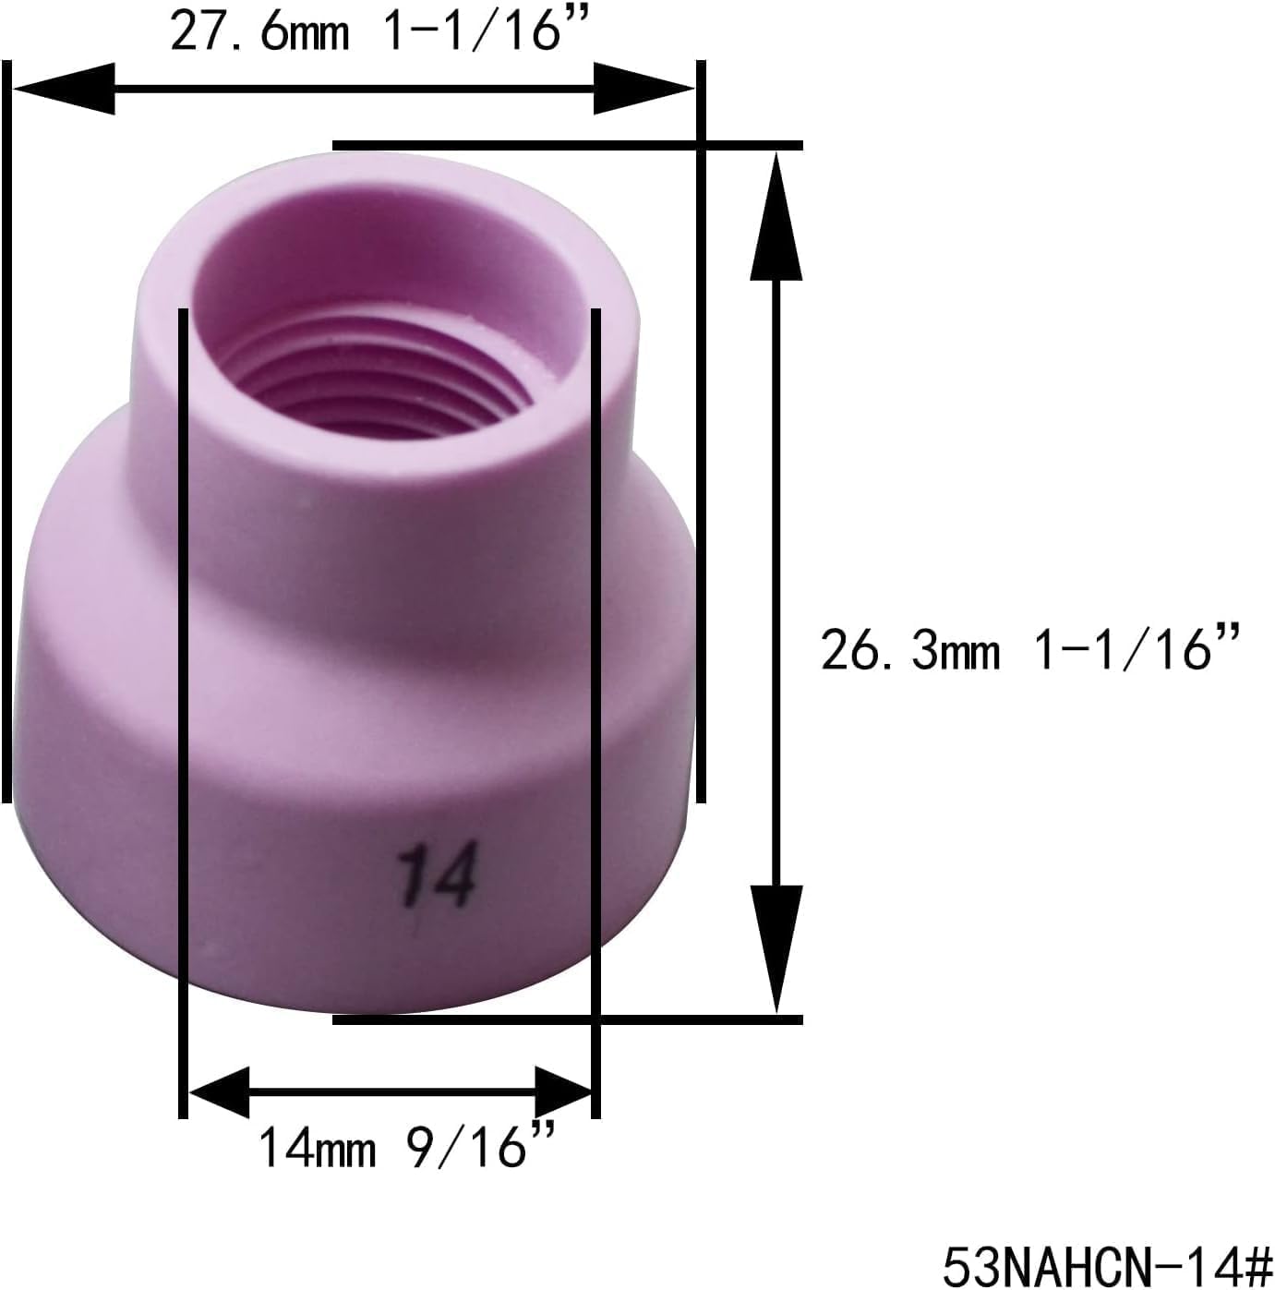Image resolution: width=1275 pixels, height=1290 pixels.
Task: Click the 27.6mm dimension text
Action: click(260, 33)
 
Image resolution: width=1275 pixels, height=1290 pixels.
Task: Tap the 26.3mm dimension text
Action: click(909, 650)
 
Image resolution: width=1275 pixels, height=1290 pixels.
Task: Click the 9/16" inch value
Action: click(481, 1147)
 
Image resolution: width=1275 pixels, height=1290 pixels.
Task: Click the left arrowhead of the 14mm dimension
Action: click(220, 1091)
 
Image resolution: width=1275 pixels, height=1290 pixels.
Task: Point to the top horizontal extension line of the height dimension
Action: click(567, 145)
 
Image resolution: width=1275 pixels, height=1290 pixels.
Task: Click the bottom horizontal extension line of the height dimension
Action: click(567, 1019)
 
